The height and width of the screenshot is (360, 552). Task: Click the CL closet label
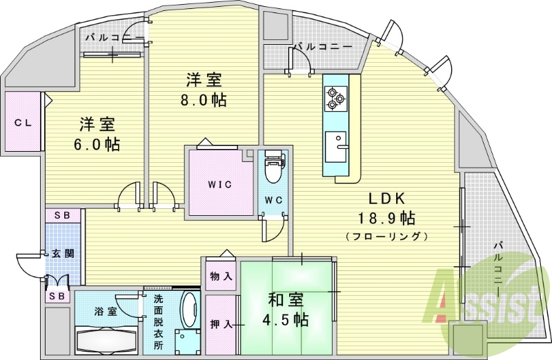click(23, 123)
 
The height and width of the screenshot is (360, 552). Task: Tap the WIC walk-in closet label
click(220, 184)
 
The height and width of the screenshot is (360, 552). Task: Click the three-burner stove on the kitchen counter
click(335, 99)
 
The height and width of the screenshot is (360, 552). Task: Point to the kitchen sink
click(335, 147)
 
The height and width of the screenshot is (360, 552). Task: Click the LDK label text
click(387, 199)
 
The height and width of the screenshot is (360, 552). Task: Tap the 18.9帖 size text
click(386, 219)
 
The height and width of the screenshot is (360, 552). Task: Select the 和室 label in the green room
click(286, 301)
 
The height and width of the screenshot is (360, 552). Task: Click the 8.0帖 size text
click(204, 100)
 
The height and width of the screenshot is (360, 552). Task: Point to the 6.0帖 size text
click(97, 144)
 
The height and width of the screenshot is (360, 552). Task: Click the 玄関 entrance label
click(63, 253)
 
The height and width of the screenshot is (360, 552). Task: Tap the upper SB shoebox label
click(63, 215)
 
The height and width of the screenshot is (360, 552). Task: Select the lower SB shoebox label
click(57, 297)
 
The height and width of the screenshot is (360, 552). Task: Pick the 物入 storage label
click(221, 277)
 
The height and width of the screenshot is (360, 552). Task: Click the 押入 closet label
click(221, 324)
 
